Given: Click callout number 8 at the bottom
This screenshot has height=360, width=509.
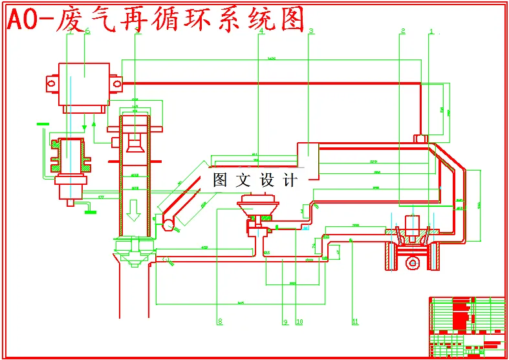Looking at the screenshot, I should tap(219, 321).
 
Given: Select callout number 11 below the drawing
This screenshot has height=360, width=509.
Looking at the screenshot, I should tap(354, 321).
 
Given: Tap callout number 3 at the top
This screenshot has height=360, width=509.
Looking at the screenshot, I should tap(311, 31).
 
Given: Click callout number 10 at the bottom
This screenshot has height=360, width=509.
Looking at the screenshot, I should tap(299, 321).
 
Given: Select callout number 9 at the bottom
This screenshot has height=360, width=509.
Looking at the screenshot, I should tap(285, 321).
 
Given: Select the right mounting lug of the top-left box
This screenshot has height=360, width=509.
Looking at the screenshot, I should tap(116, 83).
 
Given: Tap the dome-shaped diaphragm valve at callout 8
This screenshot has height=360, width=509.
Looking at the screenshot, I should tap(259, 206).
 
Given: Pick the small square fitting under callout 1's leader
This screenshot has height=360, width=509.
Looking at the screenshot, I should tap(420, 137).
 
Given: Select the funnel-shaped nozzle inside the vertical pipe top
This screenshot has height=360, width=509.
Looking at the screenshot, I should tap(135, 144).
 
